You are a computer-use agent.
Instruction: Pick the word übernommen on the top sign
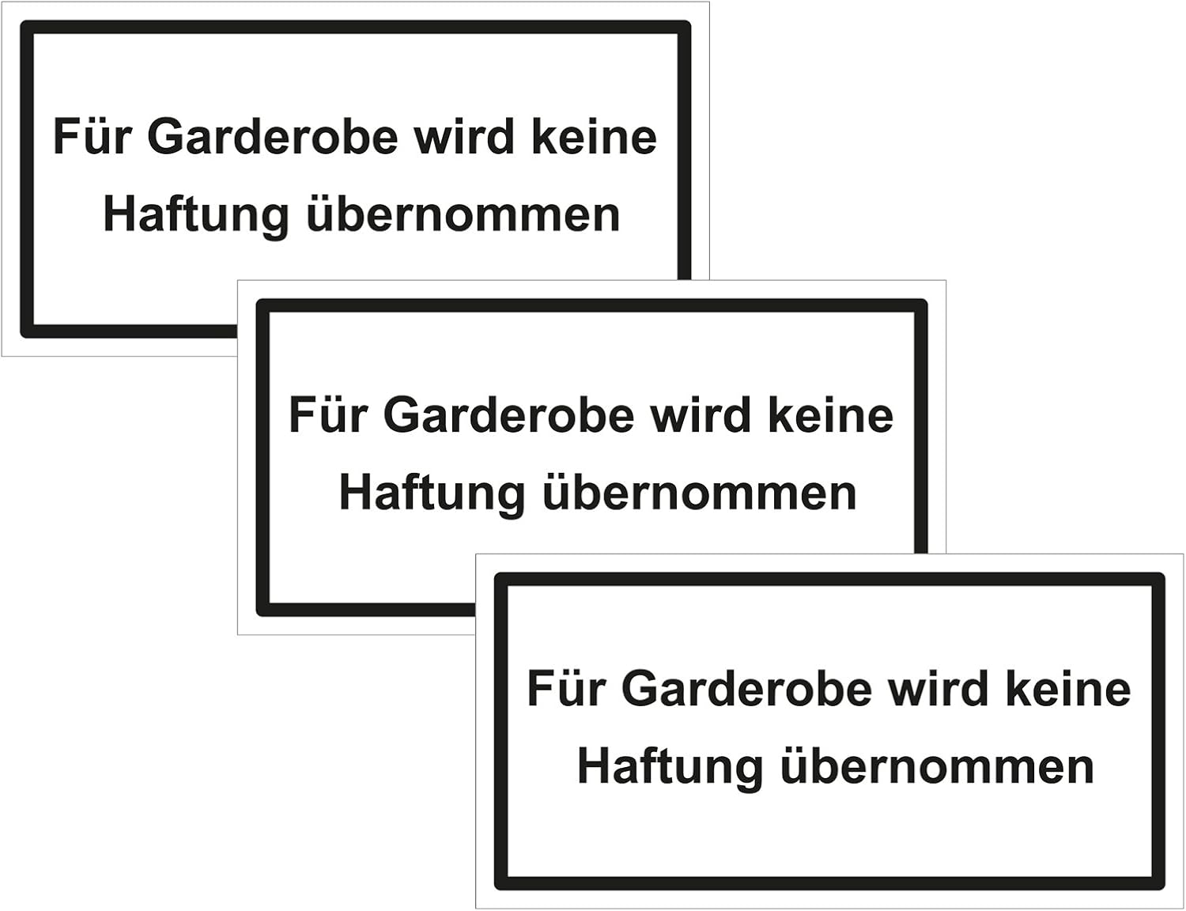[463, 214]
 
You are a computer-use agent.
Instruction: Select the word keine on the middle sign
[831, 415]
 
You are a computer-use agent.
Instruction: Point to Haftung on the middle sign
[432, 494]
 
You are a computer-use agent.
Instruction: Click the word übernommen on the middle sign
[700, 493]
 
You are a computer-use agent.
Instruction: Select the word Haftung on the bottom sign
[670, 768]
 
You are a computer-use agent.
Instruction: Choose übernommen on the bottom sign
[938, 766]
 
